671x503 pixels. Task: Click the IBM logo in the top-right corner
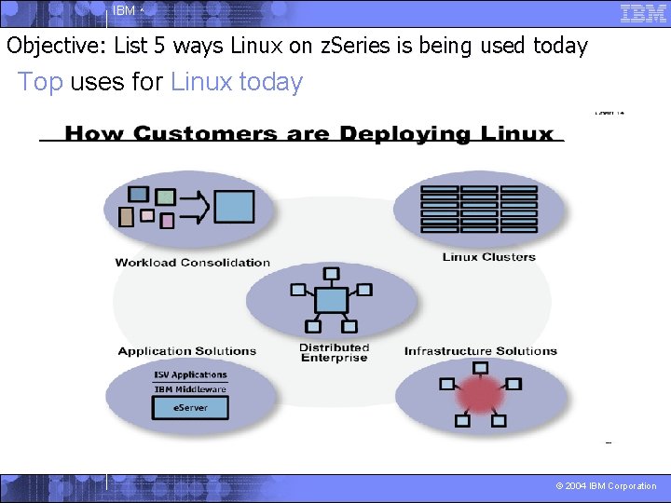tap(643, 14)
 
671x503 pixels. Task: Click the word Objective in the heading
tap(57, 45)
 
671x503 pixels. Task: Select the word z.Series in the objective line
tap(345, 45)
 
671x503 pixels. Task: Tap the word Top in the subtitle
tap(40, 82)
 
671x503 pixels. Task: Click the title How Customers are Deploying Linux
tap(309, 134)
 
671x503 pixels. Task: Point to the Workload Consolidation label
tap(192, 263)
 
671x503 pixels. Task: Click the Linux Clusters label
tap(488, 257)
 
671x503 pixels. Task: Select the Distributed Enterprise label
tap(334, 353)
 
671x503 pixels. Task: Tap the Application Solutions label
tap(186, 351)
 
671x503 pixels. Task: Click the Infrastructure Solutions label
tap(480, 351)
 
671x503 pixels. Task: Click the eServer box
tap(190, 407)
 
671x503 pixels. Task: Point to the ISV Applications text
tap(190, 374)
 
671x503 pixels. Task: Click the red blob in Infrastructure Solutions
tap(480, 395)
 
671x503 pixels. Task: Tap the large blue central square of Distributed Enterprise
tap(331, 300)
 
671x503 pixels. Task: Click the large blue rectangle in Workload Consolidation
tap(235, 205)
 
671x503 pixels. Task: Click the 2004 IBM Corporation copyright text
tap(606, 486)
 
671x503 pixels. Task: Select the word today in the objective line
tap(560, 45)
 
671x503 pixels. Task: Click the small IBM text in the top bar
tap(123, 11)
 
